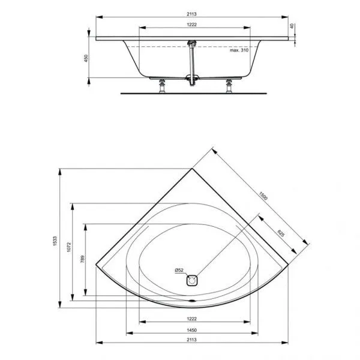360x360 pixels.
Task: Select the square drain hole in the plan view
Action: coord(192,280)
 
